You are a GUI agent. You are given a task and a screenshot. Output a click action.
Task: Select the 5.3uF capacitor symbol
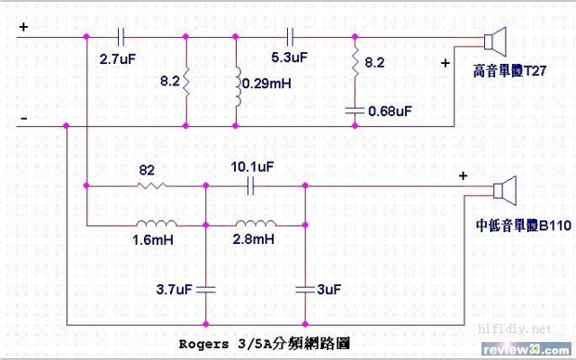(290, 37)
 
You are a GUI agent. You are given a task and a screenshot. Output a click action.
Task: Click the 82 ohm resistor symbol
(149, 186)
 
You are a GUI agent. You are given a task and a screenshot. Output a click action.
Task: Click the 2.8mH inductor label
(253, 241)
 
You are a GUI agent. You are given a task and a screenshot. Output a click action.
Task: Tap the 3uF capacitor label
(330, 289)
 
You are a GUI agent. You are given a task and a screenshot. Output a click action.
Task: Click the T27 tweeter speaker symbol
(494, 41)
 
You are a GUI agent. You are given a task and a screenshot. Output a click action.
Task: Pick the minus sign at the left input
(23, 118)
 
